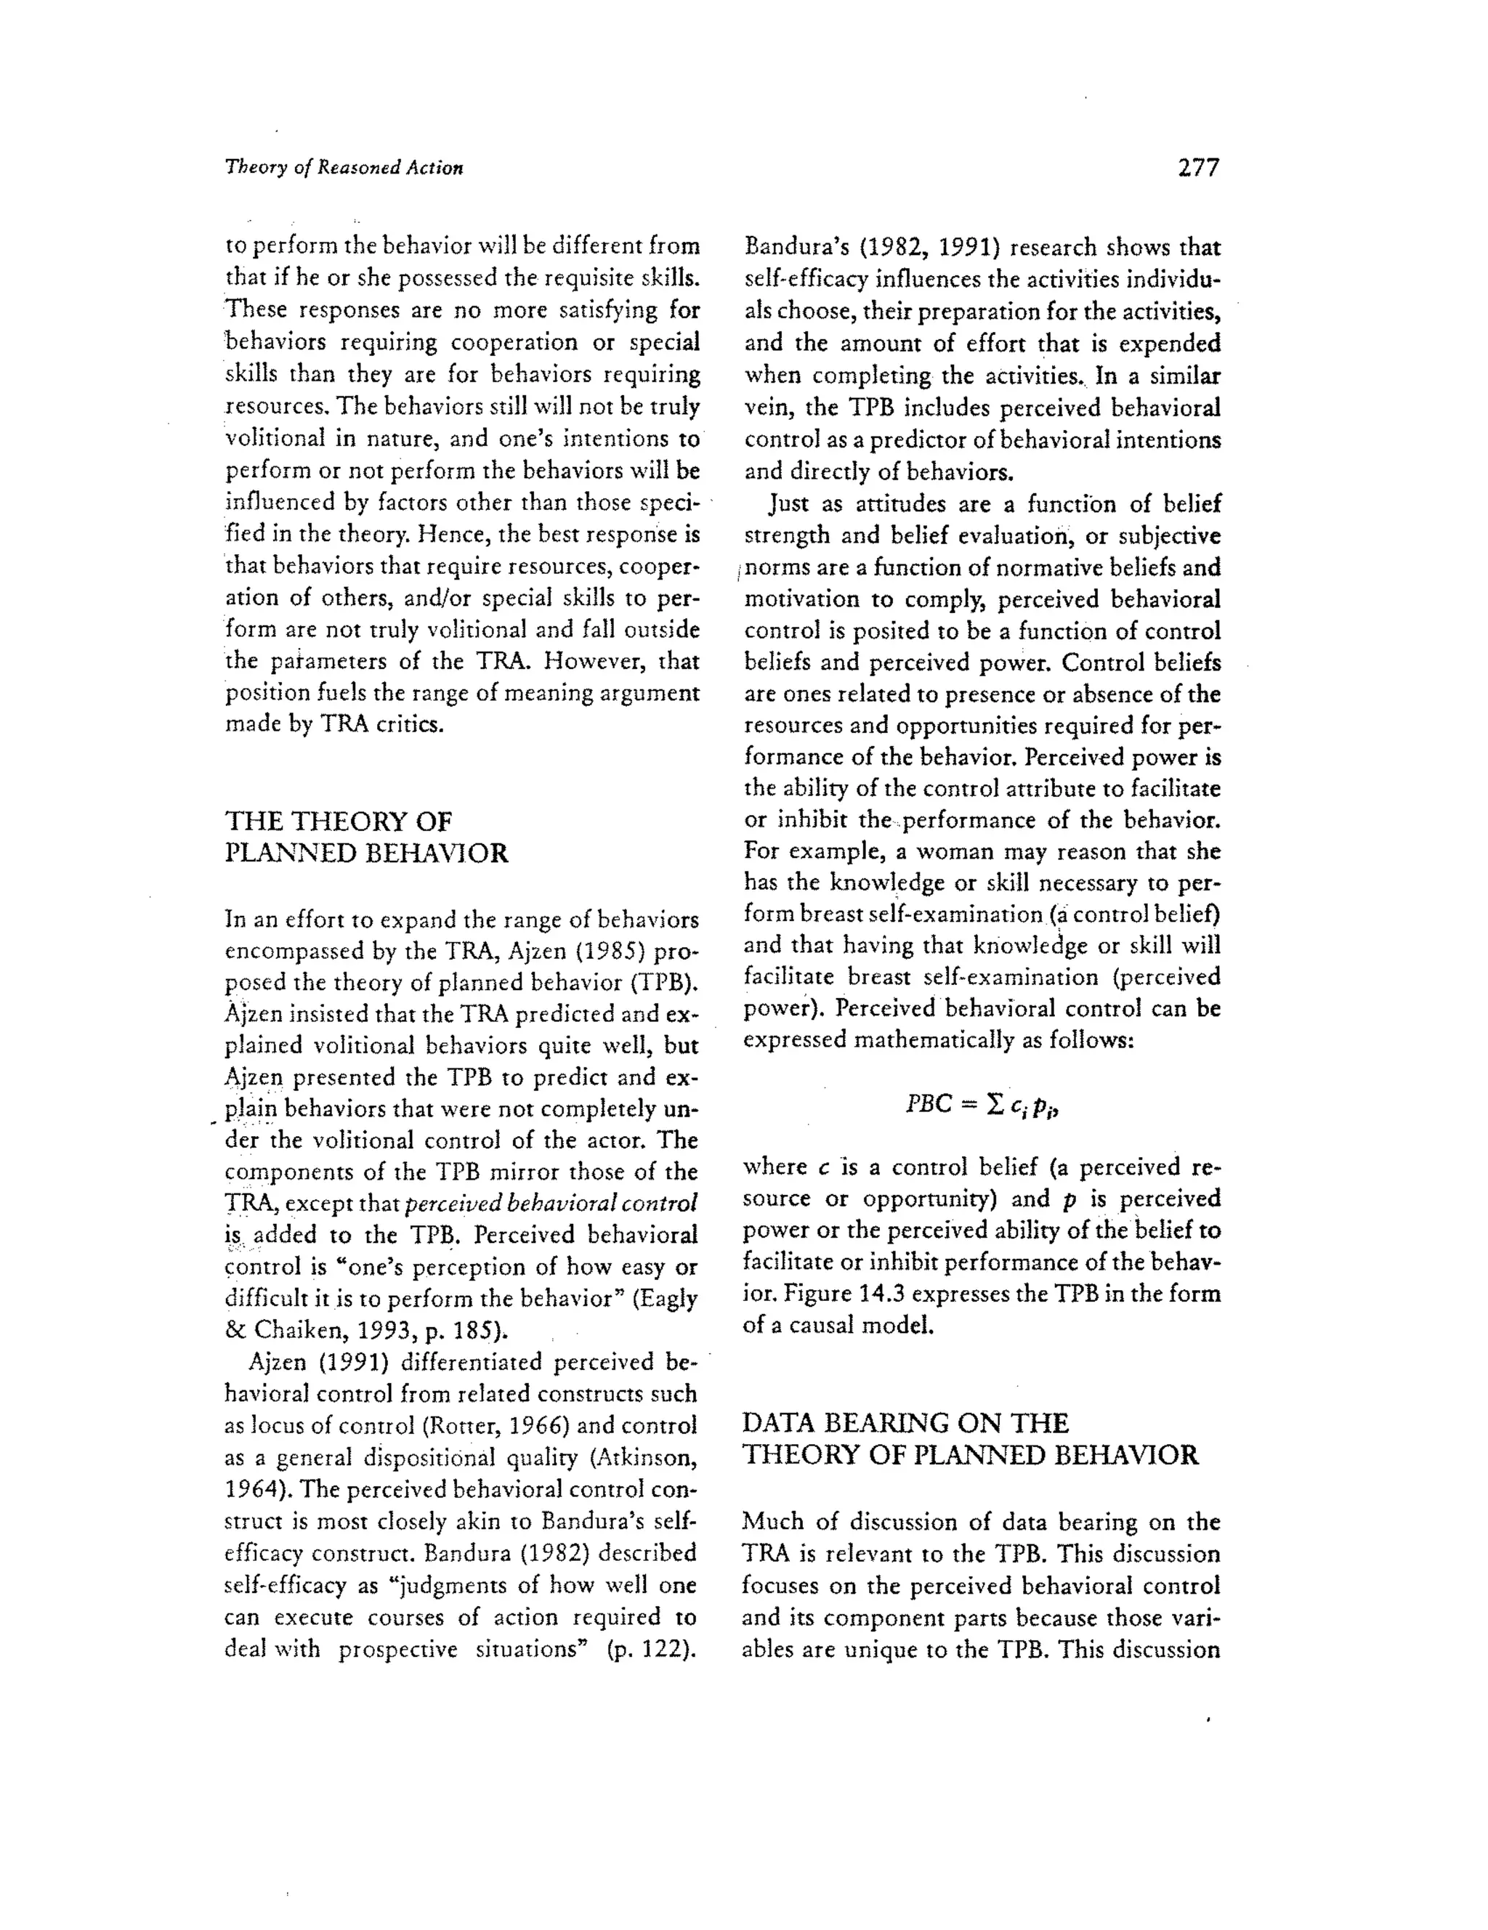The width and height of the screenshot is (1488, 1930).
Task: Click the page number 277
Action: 1198,168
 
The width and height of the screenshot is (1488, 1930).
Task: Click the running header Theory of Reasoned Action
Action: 344,168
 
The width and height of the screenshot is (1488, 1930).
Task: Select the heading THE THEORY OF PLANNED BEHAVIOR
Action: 366,837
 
